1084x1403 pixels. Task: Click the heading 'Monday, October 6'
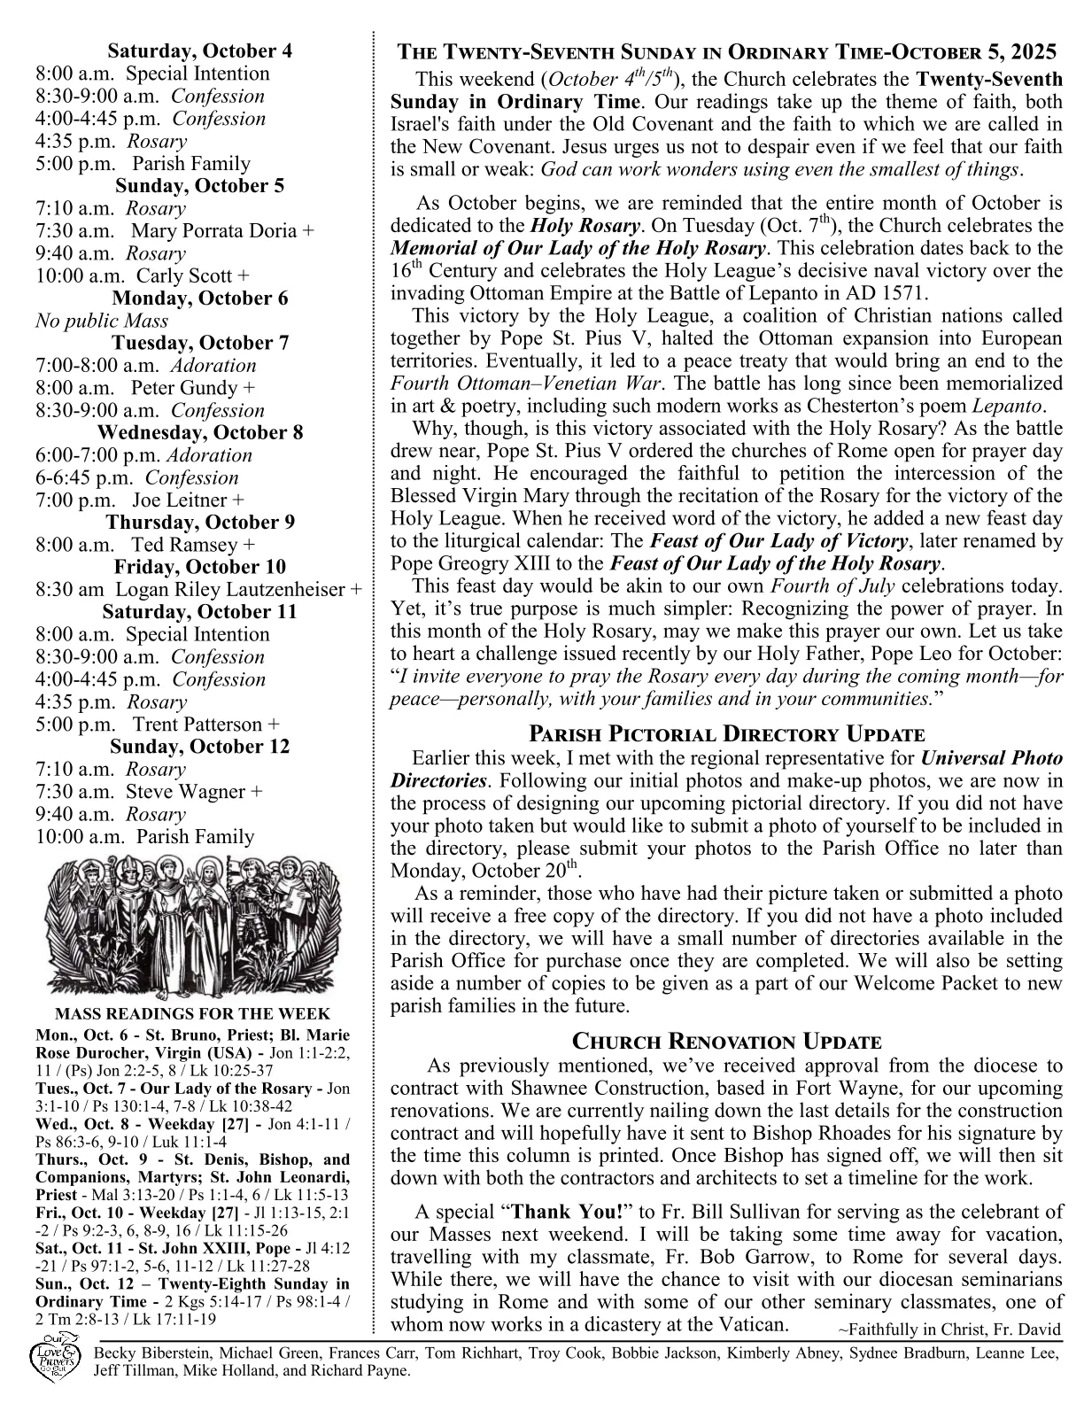point(199,298)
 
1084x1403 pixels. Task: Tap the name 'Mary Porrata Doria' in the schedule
point(215,231)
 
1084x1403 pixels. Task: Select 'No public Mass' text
point(102,321)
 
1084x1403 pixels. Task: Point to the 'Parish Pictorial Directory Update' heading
point(726,734)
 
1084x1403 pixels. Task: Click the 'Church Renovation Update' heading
point(726,1042)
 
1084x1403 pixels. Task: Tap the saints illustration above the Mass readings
point(192,926)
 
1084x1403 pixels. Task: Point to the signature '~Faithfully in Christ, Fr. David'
point(948,1330)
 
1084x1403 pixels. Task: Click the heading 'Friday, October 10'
point(199,567)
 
